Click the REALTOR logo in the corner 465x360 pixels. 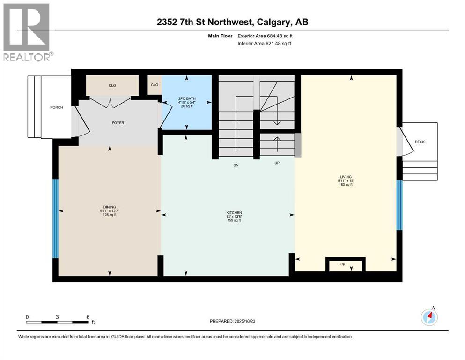click(x=27, y=31)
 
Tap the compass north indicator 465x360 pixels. click(x=429, y=317)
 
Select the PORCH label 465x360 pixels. click(x=57, y=107)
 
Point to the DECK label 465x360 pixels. click(x=420, y=142)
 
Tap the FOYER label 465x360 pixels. click(x=118, y=123)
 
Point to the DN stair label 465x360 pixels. click(x=236, y=165)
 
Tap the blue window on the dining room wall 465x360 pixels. click(x=56, y=219)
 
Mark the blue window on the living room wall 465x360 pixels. click(x=399, y=205)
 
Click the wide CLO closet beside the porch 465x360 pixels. click(x=112, y=85)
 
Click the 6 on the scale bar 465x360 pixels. click(x=88, y=317)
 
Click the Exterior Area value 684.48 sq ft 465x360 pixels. click(x=279, y=36)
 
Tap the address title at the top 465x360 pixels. click(x=232, y=22)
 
